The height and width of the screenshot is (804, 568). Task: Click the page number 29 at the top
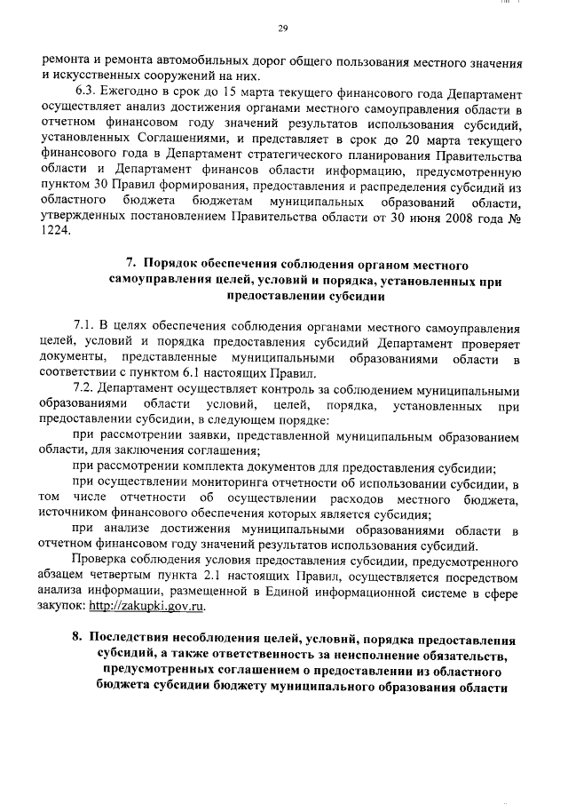283,29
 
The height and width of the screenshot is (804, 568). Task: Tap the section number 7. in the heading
130,265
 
